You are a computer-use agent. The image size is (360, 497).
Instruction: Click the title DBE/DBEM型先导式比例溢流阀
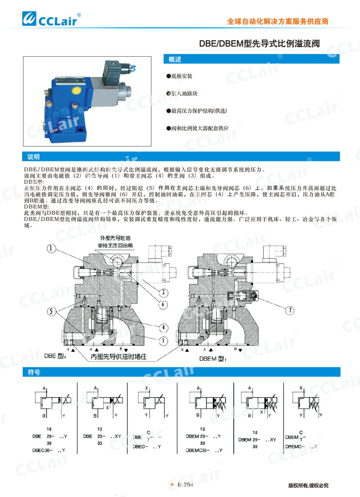(x=259, y=44)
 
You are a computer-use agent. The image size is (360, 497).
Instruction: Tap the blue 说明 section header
(x=34, y=157)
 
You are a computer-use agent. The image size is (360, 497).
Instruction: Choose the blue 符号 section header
(x=34, y=372)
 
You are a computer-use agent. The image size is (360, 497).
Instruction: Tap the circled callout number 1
(x=52, y=248)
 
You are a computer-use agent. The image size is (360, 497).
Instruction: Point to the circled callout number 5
(x=52, y=310)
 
